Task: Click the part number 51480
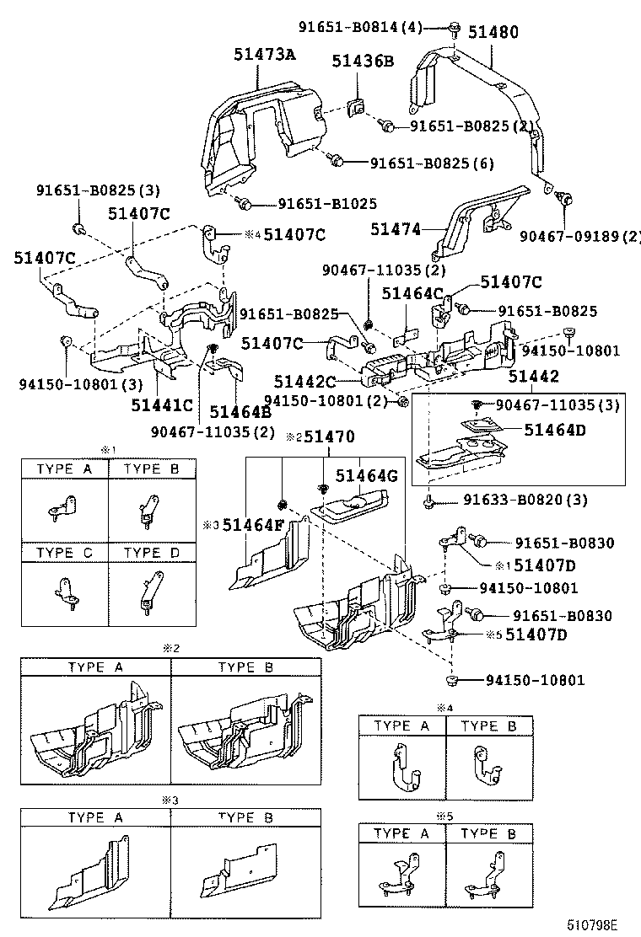pos(494,33)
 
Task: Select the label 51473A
pos(265,56)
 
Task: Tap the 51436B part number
pos(363,61)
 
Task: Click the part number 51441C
pos(162,405)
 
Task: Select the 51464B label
pos(240,411)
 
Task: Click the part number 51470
pos(329,436)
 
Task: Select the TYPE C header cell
pos(64,553)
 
